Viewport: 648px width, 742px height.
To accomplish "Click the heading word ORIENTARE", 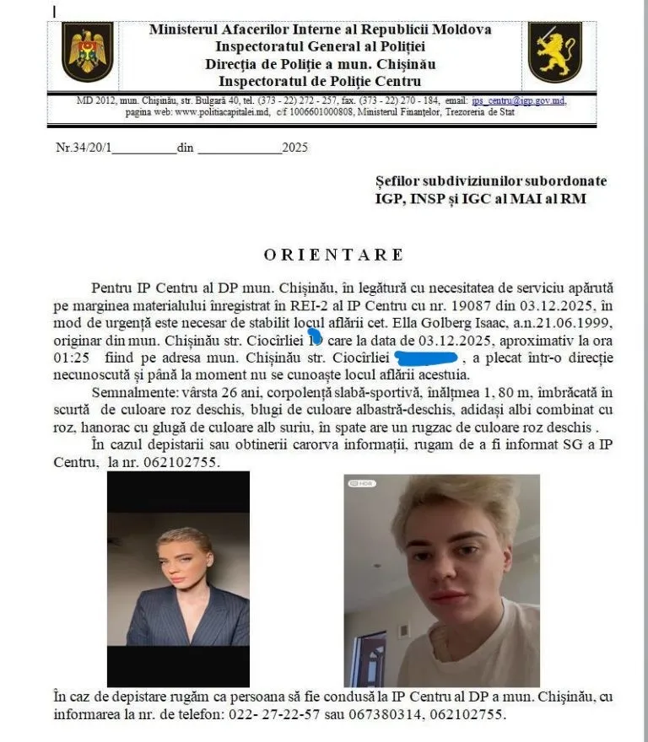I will [334, 255].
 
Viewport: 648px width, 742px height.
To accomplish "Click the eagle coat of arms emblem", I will [87, 51].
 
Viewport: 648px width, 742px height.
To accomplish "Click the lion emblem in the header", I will [554, 51].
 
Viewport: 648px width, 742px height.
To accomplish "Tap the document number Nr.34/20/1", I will [84, 148].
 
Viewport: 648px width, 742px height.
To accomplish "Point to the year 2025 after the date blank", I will [295, 148].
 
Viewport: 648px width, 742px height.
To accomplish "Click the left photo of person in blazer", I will [178, 578].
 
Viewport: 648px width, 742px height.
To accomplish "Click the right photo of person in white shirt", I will [441, 580].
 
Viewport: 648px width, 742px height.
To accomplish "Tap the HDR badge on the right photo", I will [364, 483].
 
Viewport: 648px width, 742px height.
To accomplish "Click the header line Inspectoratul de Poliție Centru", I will [319, 81].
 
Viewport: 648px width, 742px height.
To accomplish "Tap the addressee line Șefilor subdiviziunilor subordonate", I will [490, 181].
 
